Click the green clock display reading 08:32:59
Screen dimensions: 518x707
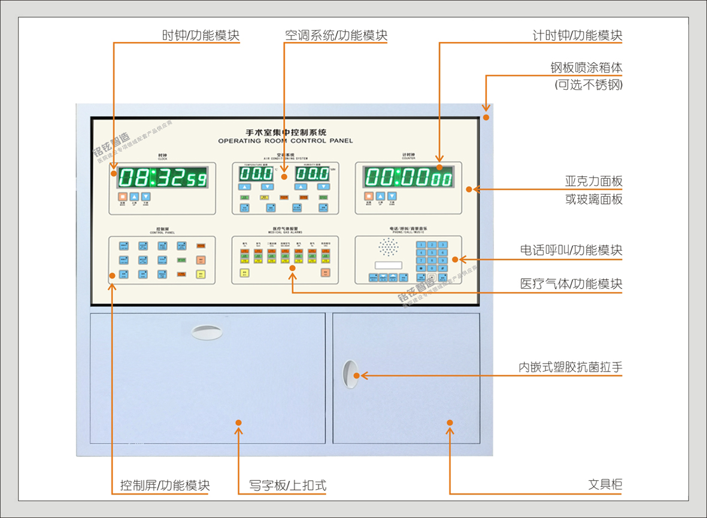[x=162, y=178]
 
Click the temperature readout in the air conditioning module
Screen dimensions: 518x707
[x=256, y=174]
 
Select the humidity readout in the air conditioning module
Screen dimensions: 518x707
[x=312, y=174]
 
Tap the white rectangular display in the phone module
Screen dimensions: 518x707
[x=389, y=265]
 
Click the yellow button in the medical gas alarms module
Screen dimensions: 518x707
[x=244, y=273]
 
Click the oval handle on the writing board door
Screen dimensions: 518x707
[x=207, y=332]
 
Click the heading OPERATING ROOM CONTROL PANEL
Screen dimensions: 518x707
[x=286, y=141]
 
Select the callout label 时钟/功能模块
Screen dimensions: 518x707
[x=201, y=35]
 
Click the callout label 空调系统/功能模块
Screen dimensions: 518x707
[x=336, y=35]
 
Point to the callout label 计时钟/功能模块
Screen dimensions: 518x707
[x=577, y=35]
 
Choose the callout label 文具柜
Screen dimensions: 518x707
[x=605, y=485]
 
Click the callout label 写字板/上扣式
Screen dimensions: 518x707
[x=288, y=485]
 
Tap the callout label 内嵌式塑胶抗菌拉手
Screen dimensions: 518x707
[x=570, y=367]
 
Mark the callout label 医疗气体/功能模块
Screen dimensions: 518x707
[x=571, y=284]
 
